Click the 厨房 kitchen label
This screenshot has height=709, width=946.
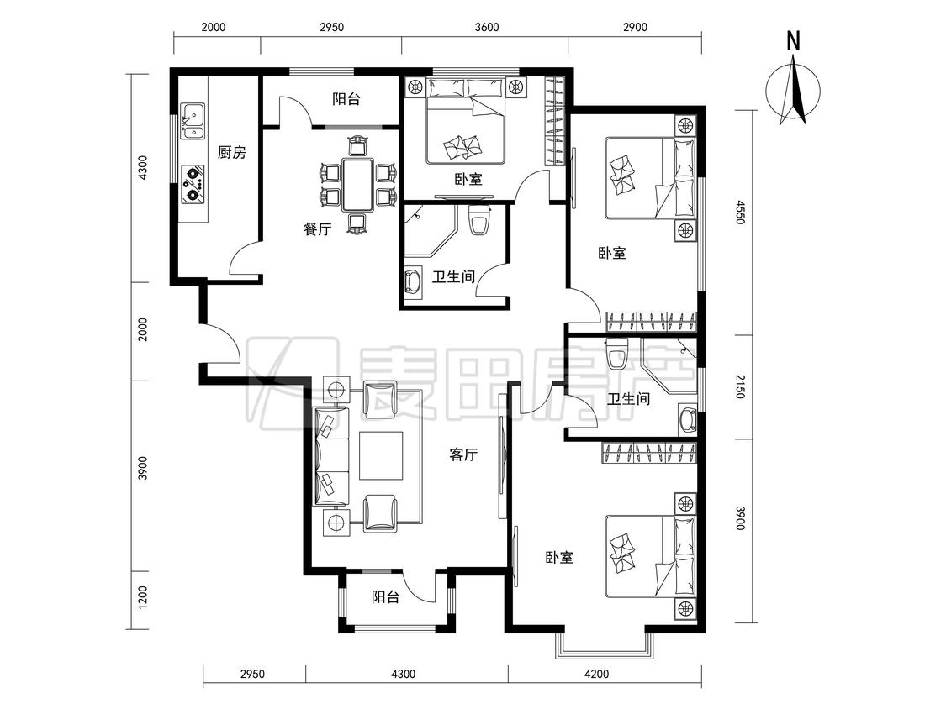(x=232, y=153)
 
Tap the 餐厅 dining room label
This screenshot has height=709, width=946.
(x=317, y=229)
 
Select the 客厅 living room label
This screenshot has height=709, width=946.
(x=463, y=454)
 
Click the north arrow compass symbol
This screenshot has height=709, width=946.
(x=793, y=91)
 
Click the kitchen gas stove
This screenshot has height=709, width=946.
(x=193, y=183)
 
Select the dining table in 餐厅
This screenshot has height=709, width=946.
(x=357, y=185)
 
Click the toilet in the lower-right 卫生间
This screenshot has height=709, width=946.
(x=617, y=354)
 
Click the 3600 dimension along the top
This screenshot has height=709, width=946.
(x=487, y=27)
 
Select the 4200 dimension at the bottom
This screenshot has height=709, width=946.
(x=596, y=674)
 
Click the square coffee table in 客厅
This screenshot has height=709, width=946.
(x=381, y=455)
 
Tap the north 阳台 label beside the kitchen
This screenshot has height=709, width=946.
(x=346, y=99)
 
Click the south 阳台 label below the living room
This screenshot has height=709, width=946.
(x=385, y=597)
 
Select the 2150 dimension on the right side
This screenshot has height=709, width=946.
(x=741, y=386)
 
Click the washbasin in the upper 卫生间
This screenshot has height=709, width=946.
(x=415, y=282)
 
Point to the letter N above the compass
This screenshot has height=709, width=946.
(x=793, y=41)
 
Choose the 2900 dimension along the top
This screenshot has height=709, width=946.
(x=635, y=27)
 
